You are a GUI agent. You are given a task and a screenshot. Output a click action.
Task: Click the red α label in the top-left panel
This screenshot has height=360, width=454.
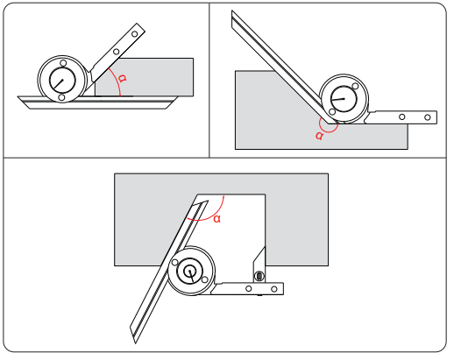click(x=123, y=78)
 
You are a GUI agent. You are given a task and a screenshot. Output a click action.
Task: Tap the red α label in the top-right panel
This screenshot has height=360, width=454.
click(x=319, y=136)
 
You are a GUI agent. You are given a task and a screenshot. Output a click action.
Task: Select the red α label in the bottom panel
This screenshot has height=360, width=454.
click(x=216, y=219)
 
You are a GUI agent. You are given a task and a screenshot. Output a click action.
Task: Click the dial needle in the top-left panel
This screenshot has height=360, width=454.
click(x=59, y=84)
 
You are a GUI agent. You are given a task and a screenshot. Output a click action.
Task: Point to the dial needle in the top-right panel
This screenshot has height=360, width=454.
click(x=338, y=100)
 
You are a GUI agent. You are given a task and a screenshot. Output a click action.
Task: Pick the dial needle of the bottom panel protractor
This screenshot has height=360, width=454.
click(x=191, y=276)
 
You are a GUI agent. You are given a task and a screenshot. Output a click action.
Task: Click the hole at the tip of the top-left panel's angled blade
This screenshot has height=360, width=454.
click(x=134, y=34)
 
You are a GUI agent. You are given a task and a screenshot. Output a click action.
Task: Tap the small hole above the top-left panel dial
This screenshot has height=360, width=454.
click(x=63, y=63)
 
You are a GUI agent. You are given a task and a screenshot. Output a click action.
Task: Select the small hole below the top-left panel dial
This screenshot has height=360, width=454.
click(x=61, y=97)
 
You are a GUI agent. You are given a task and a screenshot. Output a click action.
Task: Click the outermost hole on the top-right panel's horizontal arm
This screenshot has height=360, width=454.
click(x=428, y=117)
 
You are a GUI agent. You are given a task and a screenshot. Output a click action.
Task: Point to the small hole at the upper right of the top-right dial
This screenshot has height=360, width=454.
click(x=355, y=86)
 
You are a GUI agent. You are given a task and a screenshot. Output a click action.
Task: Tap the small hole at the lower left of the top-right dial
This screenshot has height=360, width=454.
click(x=332, y=112)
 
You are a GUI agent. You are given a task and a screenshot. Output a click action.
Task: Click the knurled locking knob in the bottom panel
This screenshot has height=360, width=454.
click(x=259, y=276)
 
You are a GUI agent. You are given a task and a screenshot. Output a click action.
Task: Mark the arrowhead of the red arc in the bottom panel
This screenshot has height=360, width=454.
click(x=223, y=196)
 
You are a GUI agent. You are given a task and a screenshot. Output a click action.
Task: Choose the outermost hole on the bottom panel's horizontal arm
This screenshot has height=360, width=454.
click(x=274, y=289)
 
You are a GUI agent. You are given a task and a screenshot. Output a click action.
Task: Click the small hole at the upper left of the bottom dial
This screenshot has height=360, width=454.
click(x=174, y=263)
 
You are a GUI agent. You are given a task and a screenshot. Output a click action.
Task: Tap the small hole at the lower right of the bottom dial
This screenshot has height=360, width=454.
click(x=205, y=280)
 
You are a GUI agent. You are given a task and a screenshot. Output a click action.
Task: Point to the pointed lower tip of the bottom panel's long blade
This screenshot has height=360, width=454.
click(x=135, y=343)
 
